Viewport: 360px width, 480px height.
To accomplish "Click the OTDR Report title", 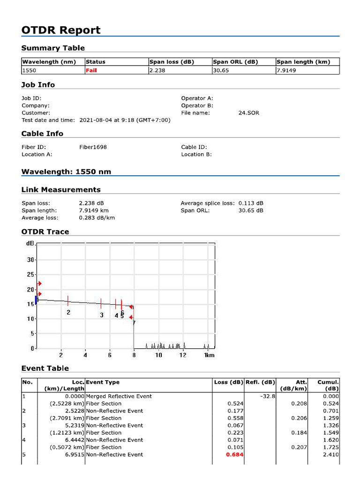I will click(x=61, y=30).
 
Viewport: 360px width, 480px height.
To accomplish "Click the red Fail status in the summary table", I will click(x=91, y=70).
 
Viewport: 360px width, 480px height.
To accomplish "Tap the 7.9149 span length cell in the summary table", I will click(x=286, y=70).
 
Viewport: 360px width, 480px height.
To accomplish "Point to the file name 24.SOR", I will click(x=248, y=113).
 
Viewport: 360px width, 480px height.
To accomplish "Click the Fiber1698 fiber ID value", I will click(x=93, y=147).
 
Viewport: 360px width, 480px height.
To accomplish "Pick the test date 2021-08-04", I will click(x=95, y=120).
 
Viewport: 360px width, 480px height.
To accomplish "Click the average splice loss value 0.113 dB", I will click(x=251, y=203).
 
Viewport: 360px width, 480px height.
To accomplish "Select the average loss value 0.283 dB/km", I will click(x=97, y=217).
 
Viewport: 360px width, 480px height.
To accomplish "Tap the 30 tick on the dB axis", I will click(x=31, y=260).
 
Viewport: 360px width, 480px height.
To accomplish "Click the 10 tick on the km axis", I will click(x=158, y=355).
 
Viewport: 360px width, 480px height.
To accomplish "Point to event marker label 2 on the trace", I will click(x=68, y=312).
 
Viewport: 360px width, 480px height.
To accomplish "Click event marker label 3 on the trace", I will click(x=101, y=315).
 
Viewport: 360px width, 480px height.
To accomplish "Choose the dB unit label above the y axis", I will click(x=30, y=244).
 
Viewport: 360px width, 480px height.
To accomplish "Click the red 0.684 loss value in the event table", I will click(x=234, y=455).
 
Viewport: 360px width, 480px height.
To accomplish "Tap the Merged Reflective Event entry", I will click(x=119, y=396).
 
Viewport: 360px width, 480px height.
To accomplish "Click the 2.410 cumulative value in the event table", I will click(x=330, y=455).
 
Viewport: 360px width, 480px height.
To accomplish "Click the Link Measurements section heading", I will click(x=61, y=190).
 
